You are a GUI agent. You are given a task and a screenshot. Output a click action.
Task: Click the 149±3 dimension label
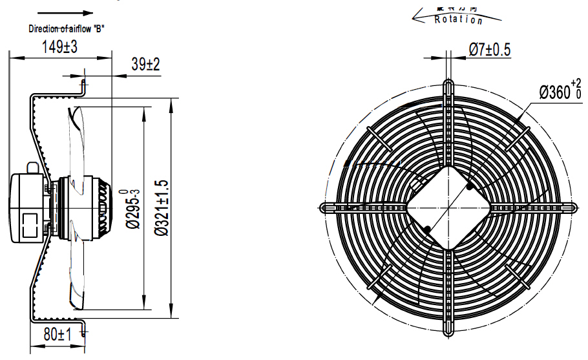59,47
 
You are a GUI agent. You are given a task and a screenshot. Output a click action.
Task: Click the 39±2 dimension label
145,65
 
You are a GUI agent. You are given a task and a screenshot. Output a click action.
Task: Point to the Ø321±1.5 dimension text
162,208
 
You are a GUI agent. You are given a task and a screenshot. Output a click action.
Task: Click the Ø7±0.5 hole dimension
489,49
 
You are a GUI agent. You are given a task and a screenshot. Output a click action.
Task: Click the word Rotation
459,19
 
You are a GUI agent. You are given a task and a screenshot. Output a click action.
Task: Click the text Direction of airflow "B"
67,28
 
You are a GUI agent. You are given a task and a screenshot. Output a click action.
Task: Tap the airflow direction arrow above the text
65,13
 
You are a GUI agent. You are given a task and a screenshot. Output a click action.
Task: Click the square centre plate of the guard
448,207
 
